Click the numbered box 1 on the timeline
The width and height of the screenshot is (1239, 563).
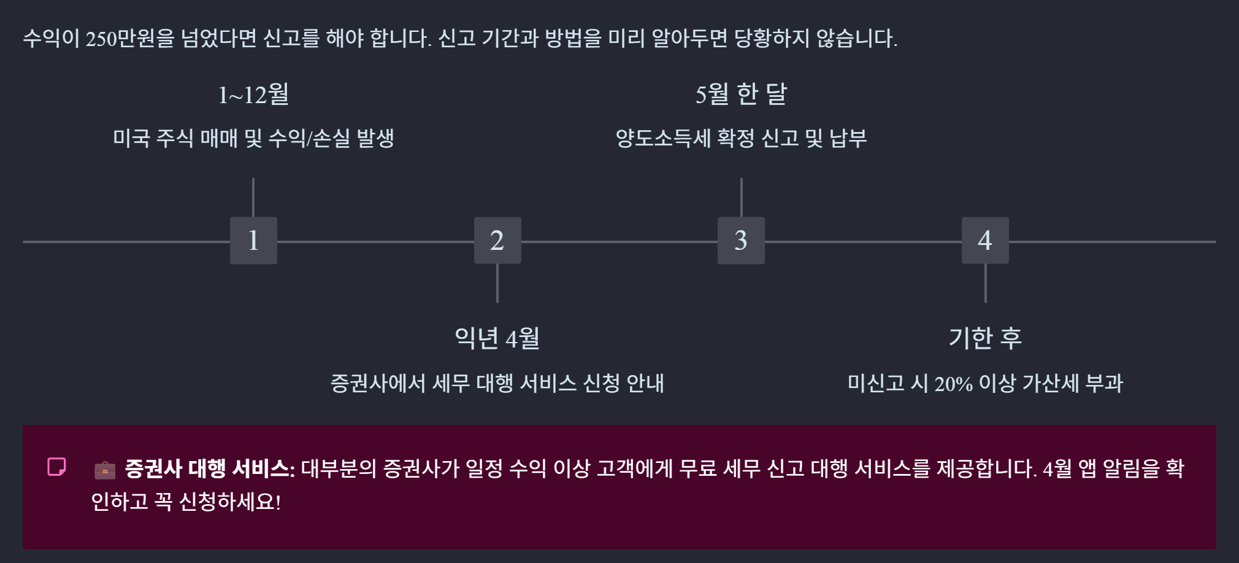point(253,241)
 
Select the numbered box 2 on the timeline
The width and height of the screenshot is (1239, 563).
point(497,241)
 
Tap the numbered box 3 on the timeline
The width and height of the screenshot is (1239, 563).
point(741,241)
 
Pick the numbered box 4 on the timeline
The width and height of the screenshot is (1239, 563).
point(985,241)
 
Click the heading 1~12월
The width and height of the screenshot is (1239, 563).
point(253,95)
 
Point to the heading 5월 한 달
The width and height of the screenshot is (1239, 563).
point(741,95)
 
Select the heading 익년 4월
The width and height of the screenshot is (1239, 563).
point(497,338)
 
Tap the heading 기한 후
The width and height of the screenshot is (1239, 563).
point(985,338)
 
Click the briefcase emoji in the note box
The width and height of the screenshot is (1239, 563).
point(105,470)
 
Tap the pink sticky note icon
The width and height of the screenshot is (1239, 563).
point(57,467)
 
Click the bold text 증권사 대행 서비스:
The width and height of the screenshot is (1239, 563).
point(210,469)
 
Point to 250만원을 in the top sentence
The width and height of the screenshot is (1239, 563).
point(130,39)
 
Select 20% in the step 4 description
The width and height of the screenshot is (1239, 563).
point(953,384)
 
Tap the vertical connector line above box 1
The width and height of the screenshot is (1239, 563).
point(253,197)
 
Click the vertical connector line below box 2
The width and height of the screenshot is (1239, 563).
point(497,283)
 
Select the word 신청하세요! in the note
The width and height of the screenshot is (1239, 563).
point(230,502)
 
